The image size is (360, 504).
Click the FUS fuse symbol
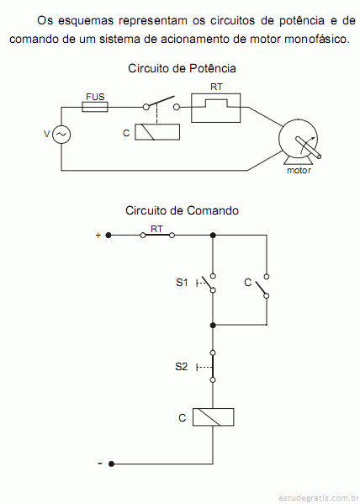[95, 107]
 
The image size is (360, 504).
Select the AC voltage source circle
[61, 135]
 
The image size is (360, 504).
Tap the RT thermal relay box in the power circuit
[215, 108]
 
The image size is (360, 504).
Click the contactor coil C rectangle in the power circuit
[157, 132]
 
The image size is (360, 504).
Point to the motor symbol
[299, 141]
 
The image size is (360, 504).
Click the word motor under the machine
[299, 170]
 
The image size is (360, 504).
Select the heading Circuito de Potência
[182, 68]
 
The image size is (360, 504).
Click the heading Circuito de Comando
[182, 211]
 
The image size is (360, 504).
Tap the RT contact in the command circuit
[157, 236]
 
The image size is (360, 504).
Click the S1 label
[182, 283]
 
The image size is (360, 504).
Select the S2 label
[182, 367]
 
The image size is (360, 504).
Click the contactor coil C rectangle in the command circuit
[213, 417]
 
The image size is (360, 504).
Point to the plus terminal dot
[109, 236]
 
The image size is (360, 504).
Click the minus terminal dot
[111, 464]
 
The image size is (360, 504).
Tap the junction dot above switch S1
[213, 236]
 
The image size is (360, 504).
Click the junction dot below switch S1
[213, 326]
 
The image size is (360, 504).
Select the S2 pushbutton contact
[213, 366]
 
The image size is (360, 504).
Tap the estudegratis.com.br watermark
[318, 498]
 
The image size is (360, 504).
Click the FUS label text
[95, 97]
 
